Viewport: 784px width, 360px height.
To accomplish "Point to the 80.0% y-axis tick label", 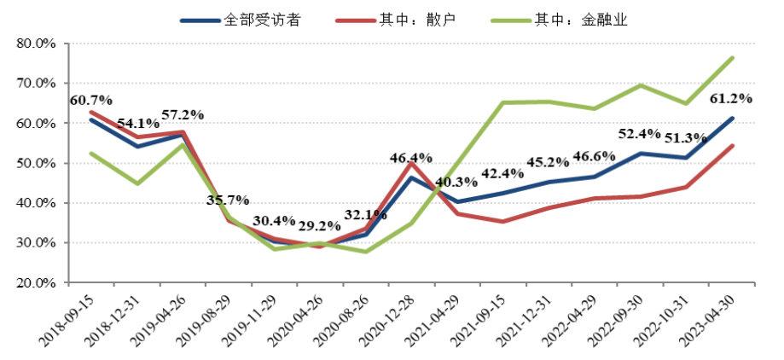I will pos(36,43).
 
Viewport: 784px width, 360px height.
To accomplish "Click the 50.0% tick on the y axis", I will pos(36,163).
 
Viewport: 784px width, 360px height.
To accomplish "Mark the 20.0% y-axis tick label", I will pos(36,283).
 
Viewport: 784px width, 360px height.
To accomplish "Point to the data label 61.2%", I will pos(731,98).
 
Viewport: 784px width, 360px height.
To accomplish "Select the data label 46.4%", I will pos(411,158).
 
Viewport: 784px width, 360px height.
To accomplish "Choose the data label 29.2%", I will pos(319,228).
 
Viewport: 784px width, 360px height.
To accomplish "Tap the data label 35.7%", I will pos(228,200).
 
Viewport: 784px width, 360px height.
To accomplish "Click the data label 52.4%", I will pos(640,134).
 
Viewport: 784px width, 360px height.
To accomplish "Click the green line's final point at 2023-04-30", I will pos(732,58).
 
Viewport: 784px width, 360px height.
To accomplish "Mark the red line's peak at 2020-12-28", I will pos(411,163).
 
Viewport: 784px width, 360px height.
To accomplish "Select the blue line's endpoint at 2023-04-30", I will pos(732,119).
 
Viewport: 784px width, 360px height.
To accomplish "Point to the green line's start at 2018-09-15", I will pos(90,154).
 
